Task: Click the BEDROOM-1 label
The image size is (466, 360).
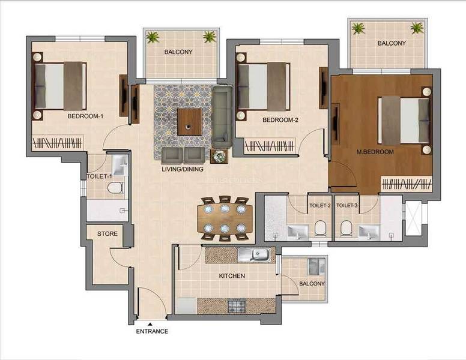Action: tap(85, 116)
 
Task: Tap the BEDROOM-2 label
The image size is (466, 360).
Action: tap(280, 120)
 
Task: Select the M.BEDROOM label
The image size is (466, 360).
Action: tap(375, 152)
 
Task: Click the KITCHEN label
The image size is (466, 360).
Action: tap(232, 276)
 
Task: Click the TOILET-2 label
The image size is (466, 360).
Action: tap(320, 206)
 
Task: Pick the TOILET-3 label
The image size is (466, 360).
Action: tap(347, 206)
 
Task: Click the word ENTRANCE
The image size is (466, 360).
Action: tap(152, 331)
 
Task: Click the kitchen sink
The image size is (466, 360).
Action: tap(256, 254)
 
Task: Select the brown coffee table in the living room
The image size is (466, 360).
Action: tap(190, 122)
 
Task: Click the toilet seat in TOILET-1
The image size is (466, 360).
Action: tap(114, 188)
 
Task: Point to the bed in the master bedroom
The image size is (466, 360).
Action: tap(404, 120)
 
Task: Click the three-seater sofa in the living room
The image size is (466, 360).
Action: tap(222, 116)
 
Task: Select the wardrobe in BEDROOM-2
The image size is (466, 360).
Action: tap(270, 145)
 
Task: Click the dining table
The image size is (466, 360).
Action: tap(225, 219)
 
